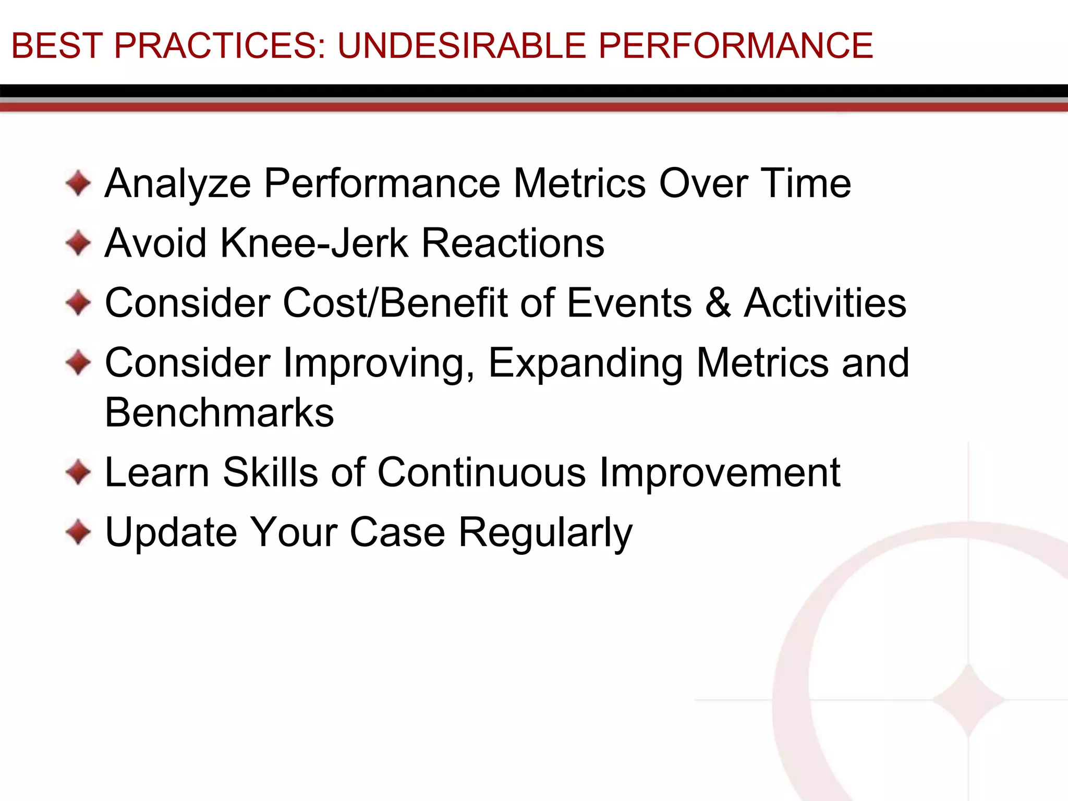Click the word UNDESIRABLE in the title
coord(462,46)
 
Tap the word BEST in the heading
coord(56,46)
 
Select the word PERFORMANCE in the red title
coord(735,46)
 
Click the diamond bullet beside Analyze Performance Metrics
coord(79,184)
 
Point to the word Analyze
coord(178,184)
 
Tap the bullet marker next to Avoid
coord(79,244)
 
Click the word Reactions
coord(513,244)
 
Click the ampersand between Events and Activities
coord(718,303)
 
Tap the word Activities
coord(825,303)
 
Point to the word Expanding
coord(586,363)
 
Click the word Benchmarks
coord(219,412)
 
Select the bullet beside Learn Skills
coord(79,472)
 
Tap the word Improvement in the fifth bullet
coord(720,472)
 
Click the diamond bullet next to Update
coord(79,532)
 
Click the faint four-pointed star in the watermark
coord(968,700)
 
